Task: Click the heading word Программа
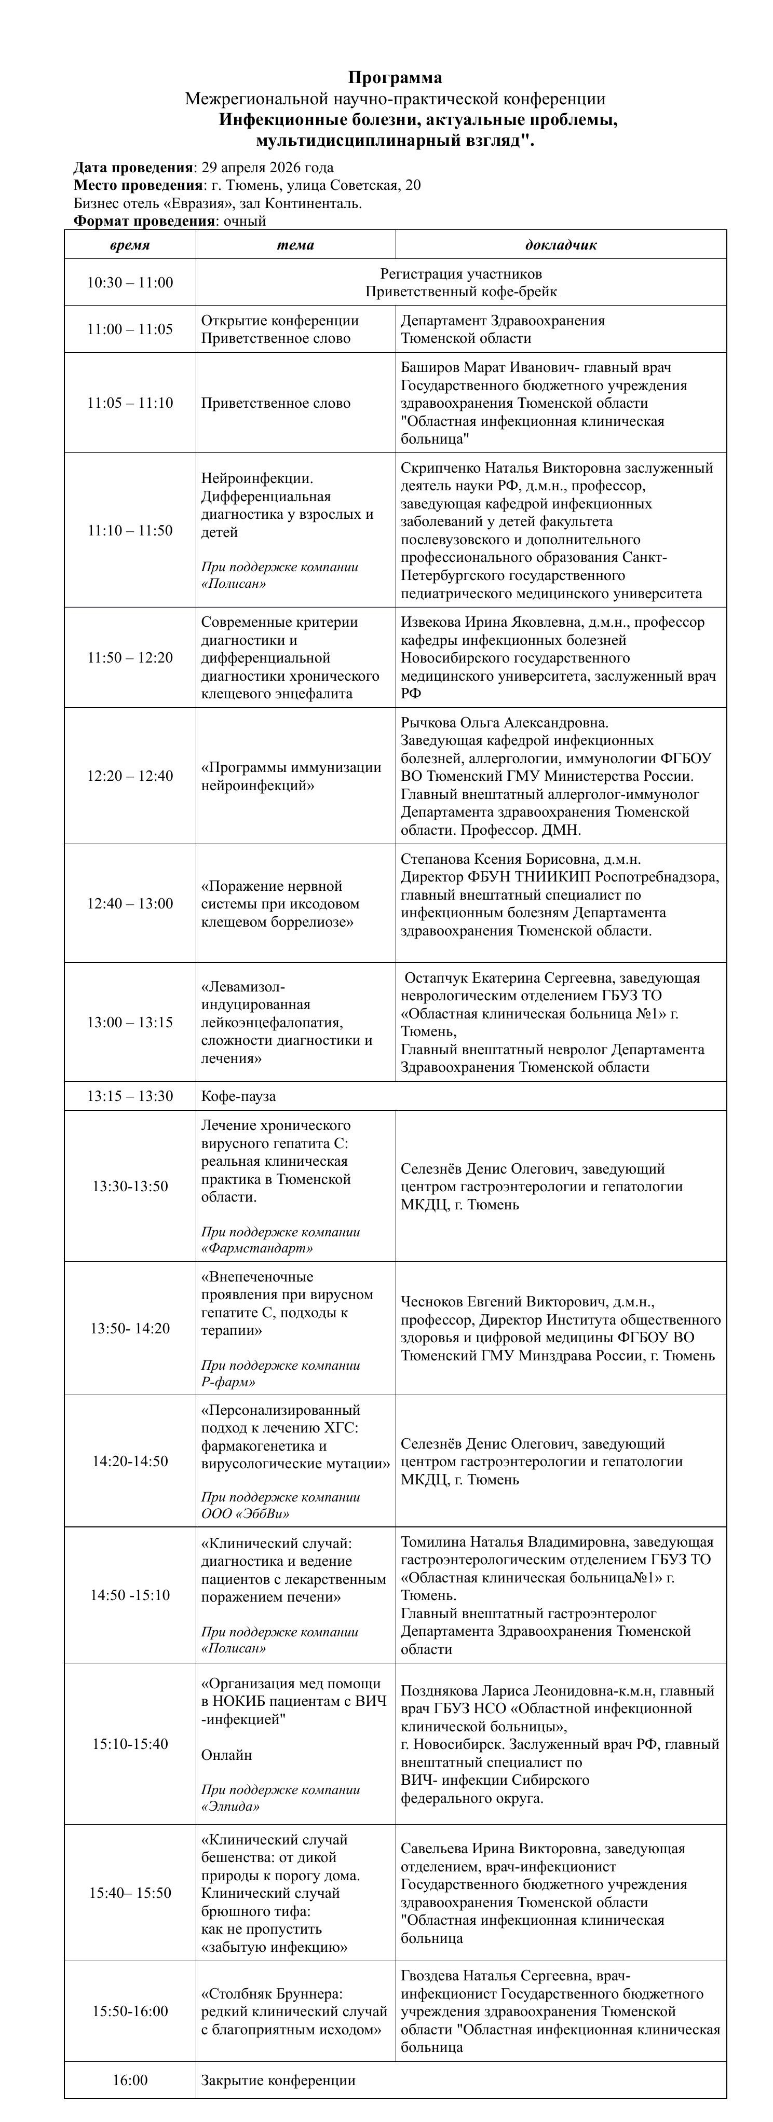[395, 77]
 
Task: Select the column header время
[130, 245]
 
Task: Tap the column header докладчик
[560, 245]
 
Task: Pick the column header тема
[295, 245]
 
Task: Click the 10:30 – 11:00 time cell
[130, 283]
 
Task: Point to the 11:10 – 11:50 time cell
[130, 530]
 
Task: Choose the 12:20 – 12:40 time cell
[130, 776]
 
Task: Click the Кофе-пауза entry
[238, 1096]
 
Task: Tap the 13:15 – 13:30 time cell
[130, 1096]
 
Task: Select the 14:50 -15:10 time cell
[130, 1595]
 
